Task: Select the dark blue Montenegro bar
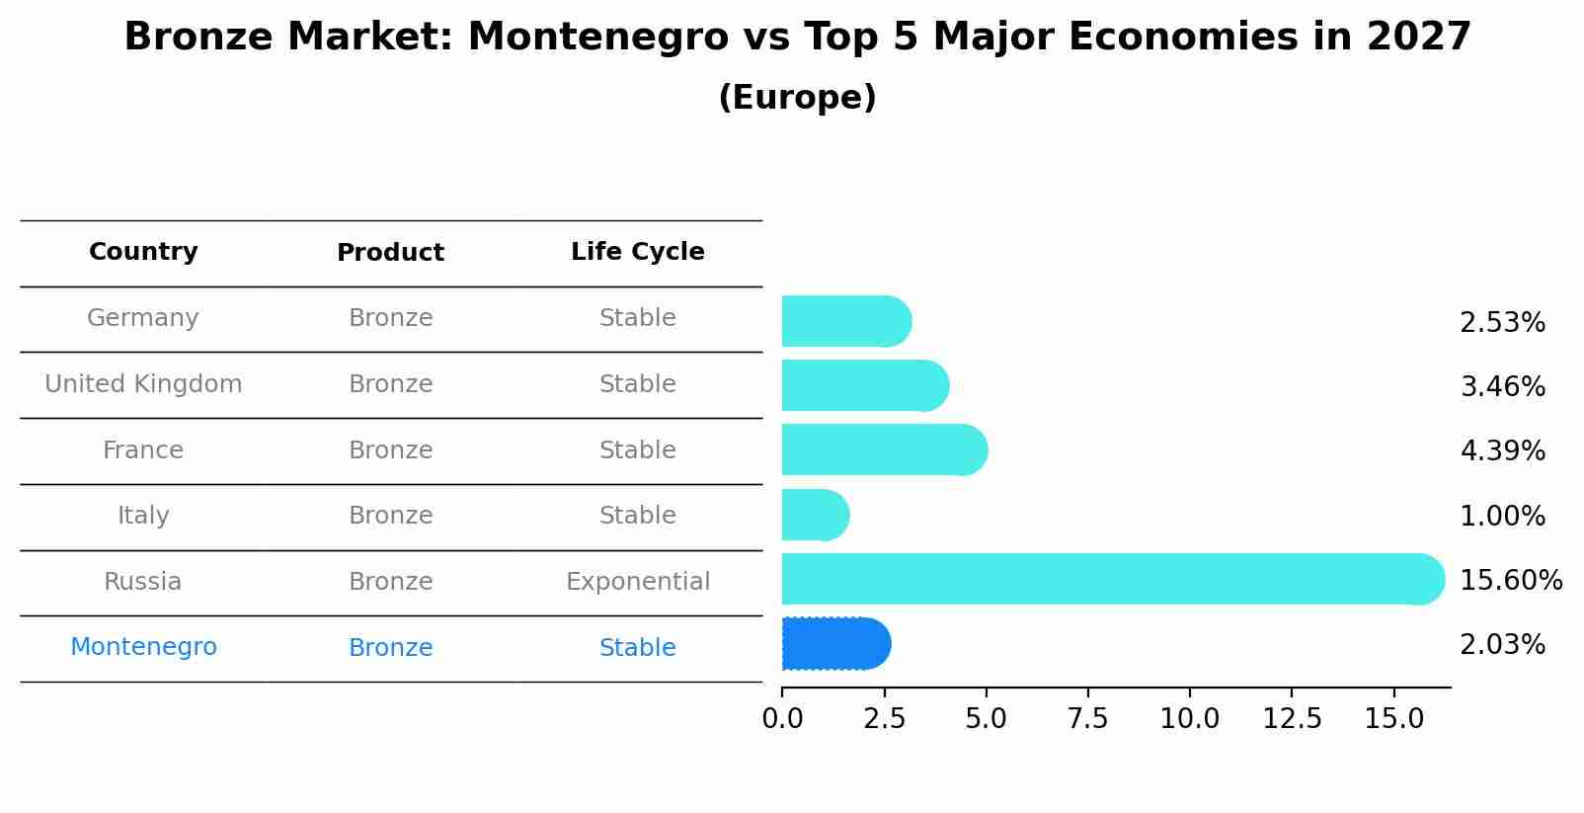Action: point(835,644)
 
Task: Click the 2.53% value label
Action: point(1502,323)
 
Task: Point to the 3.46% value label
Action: point(1502,386)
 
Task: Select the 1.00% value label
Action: point(1502,516)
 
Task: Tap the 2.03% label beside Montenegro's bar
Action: point(1502,645)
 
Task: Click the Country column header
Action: point(143,252)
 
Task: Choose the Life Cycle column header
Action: point(637,252)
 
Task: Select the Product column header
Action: point(390,253)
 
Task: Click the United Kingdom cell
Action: point(143,384)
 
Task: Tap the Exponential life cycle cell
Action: point(637,582)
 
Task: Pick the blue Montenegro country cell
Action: point(143,647)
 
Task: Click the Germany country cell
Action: point(143,318)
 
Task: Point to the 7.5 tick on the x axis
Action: point(1087,719)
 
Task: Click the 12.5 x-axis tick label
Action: point(1292,719)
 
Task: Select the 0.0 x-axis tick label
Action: point(782,719)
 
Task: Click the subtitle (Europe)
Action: point(797,98)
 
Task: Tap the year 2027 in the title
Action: point(1419,38)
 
